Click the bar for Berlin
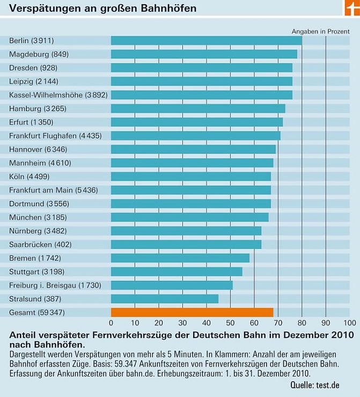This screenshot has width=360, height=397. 207,41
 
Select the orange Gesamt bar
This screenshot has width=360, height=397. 192,312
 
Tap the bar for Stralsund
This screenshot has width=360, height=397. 165,298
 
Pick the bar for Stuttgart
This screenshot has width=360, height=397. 177,271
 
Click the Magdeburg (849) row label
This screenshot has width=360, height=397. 39,54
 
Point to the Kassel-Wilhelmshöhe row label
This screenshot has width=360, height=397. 58,95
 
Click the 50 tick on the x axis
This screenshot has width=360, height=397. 230,323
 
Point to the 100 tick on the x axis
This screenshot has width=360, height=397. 349,323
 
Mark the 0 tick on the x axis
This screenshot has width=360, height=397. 111,323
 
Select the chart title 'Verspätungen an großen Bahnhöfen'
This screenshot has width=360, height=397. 102,9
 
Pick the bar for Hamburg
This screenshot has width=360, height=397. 198,108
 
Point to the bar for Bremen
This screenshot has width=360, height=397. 180,258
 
